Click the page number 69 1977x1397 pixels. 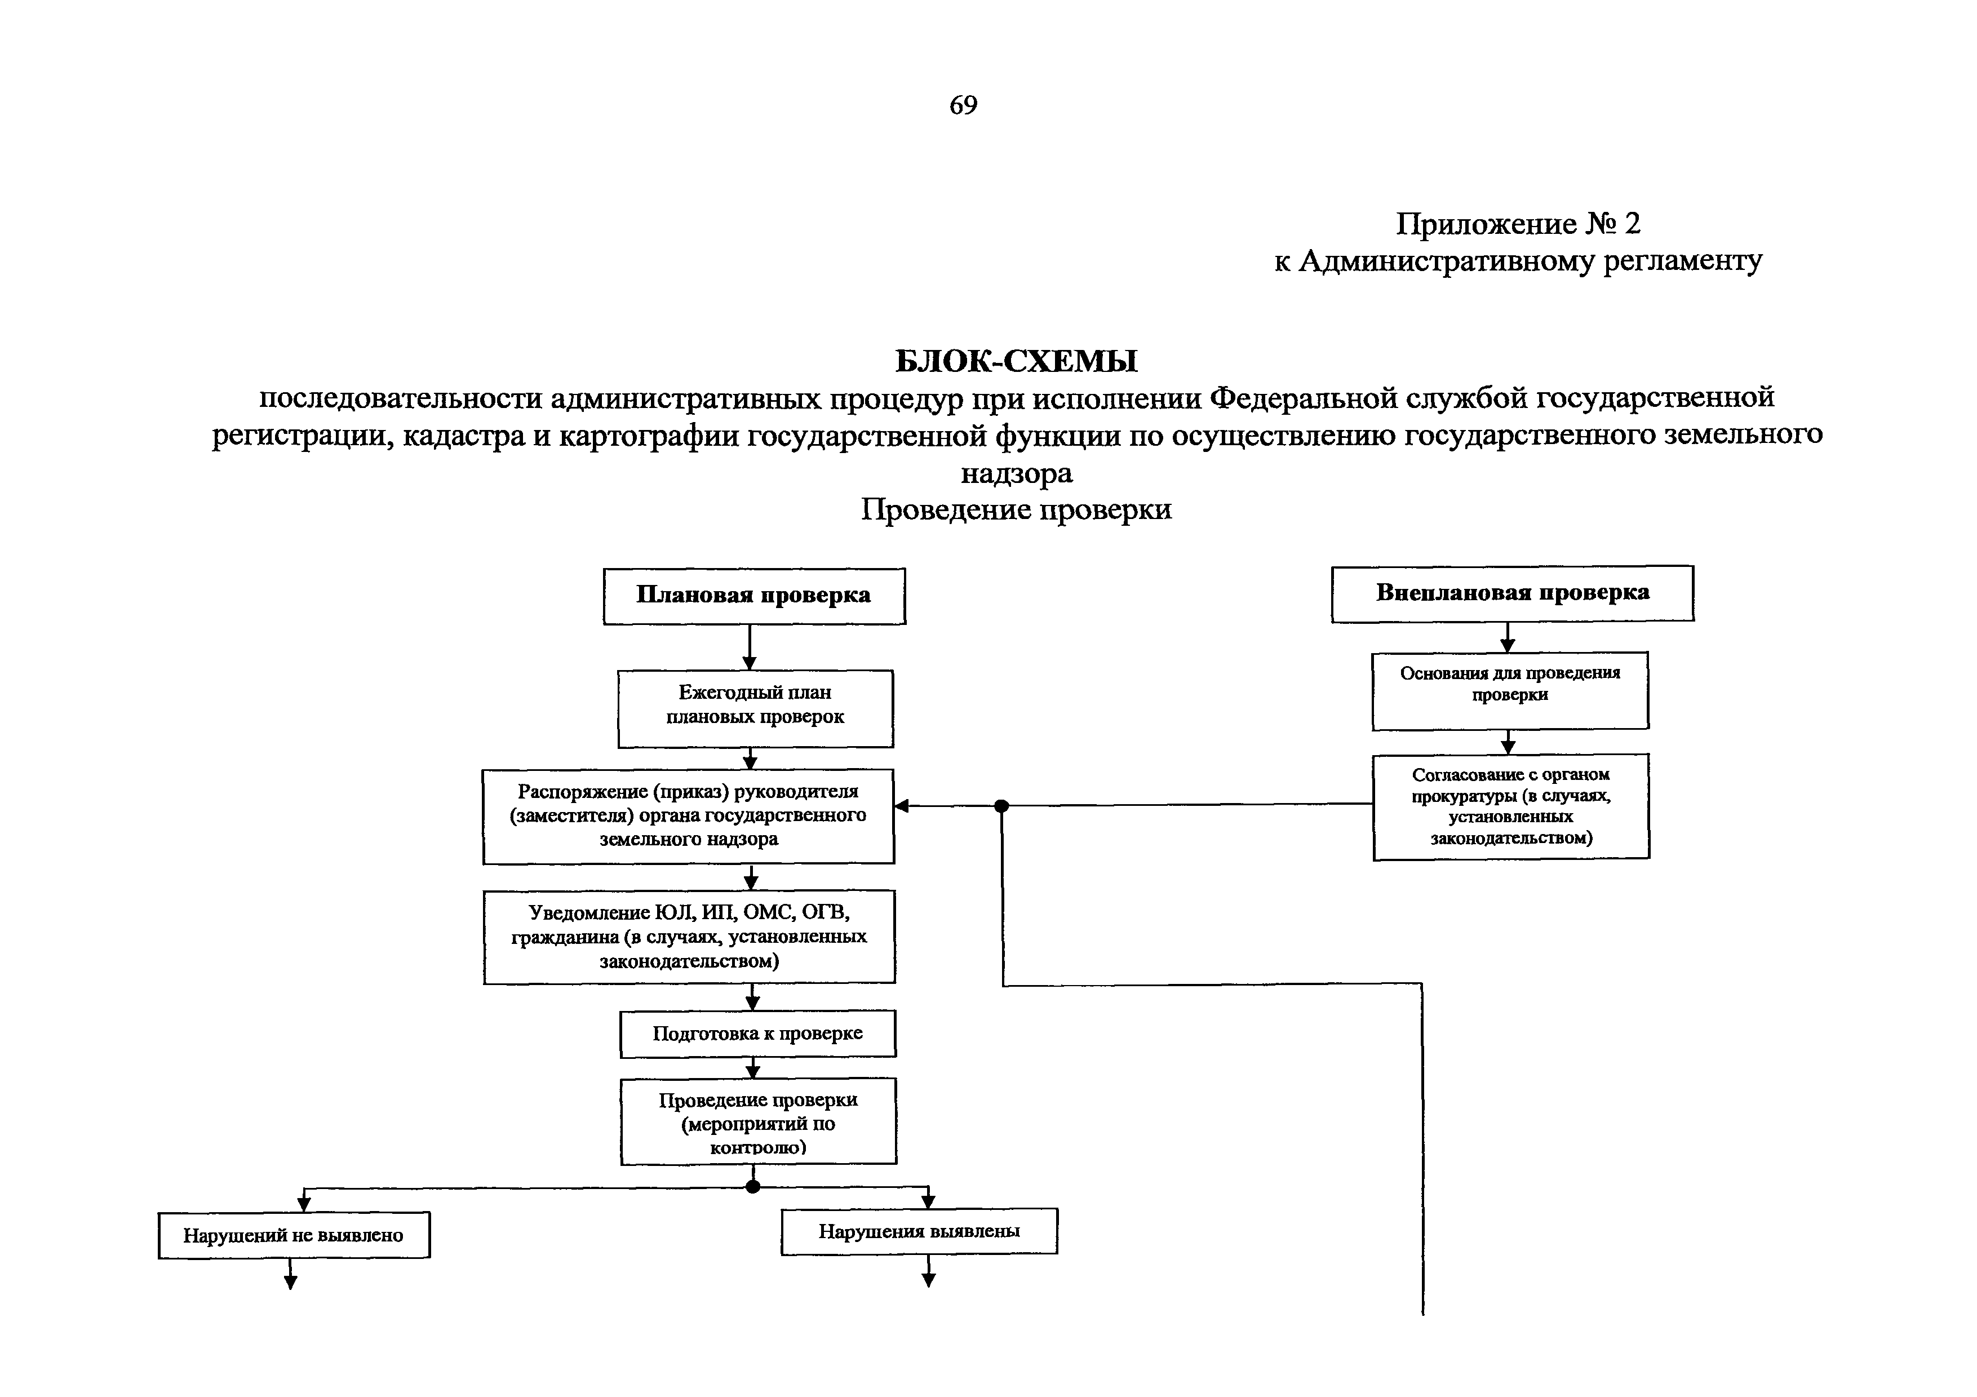coord(963,105)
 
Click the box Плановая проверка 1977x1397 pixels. coord(753,596)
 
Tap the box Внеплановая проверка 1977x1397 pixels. coord(1512,593)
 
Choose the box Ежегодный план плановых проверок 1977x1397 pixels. coord(755,708)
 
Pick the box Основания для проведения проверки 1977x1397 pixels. coord(1509,690)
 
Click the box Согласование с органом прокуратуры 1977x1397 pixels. coord(1510,806)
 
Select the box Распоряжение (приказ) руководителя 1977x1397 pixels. coord(688,816)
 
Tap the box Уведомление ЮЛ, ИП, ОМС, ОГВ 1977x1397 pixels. coord(689,937)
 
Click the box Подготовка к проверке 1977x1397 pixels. coord(758,1034)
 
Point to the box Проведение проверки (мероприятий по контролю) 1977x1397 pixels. coord(758,1121)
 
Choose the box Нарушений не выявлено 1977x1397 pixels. coord(294,1235)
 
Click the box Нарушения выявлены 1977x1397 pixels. coord(919,1232)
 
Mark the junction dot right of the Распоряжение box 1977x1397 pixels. coord(1001,806)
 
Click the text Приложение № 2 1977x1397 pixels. coord(1517,224)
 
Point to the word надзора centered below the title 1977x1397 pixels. coord(1016,473)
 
